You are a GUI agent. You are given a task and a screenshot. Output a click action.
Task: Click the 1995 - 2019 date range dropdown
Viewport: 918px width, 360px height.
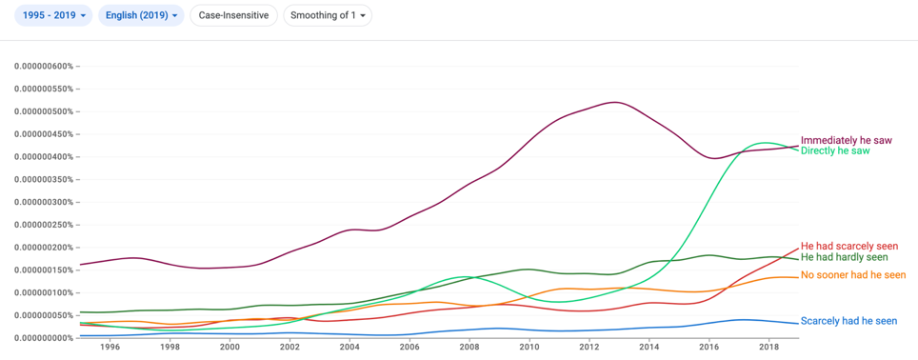(x=53, y=15)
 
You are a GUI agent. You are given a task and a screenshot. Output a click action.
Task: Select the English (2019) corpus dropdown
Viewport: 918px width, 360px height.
(x=141, y=15)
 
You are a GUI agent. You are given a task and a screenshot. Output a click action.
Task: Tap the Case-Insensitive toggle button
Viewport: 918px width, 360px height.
(x=233, y=15)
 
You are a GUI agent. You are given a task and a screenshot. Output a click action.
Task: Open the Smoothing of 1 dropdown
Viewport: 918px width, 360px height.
(x=328, y=15)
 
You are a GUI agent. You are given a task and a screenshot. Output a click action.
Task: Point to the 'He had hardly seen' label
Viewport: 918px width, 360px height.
(x=845, y=257)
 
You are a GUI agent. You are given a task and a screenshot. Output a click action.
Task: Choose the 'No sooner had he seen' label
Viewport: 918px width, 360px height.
(x=853, y=275)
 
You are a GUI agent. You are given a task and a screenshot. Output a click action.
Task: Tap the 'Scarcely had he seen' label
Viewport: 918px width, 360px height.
(x=848, y=321)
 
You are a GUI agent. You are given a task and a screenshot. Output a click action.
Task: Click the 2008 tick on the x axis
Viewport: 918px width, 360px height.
(x=469, y=347)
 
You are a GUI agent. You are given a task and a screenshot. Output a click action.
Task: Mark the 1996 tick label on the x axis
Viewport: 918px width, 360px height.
(x=110, y=347)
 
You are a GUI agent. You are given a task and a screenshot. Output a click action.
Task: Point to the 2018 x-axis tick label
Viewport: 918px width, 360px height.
(x=769, y=347)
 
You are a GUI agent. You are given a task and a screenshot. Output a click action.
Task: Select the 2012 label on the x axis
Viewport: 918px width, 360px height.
(x=589, y=347)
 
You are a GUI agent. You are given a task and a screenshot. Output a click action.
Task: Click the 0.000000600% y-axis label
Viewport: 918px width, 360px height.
(x=43, y=66)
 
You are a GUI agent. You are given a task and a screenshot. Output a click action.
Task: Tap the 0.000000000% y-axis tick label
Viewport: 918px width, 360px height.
(x=43, y=338)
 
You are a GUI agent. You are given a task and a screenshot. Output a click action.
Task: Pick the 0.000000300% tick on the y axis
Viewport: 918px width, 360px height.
(x=43, y=202)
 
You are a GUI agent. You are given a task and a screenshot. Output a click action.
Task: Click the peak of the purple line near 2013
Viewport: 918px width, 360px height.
(x=615, y=102)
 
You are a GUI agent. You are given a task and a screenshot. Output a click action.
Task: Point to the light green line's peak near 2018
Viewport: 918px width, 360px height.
(x=764, y=142)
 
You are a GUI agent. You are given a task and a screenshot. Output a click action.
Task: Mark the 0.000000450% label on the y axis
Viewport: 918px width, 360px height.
(x=43, y=134)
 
